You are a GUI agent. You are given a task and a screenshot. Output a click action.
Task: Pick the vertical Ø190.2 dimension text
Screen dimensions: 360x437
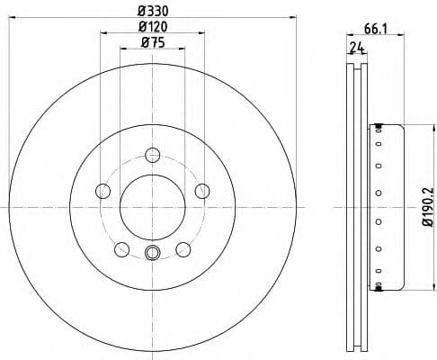(429, 207)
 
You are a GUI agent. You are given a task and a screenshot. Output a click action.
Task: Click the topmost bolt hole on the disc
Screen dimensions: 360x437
(152, 155)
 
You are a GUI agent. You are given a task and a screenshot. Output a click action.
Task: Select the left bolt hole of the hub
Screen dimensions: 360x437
(103, 191)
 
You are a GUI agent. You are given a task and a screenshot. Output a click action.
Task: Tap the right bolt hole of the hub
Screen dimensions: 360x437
(201, 190)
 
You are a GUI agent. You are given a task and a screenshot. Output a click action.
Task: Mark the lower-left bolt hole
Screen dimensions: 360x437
(121, 248)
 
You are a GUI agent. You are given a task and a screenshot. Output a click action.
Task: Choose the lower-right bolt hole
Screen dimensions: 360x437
(183, 248)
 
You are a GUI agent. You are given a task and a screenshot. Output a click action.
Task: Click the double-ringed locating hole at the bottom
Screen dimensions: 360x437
(152, 253)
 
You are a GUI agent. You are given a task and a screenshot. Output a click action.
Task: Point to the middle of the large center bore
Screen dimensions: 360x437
(152, 206)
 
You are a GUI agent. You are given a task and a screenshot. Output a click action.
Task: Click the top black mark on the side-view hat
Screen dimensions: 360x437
(379, 124)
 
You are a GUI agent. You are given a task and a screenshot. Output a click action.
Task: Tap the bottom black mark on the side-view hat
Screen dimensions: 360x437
(379, 288)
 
